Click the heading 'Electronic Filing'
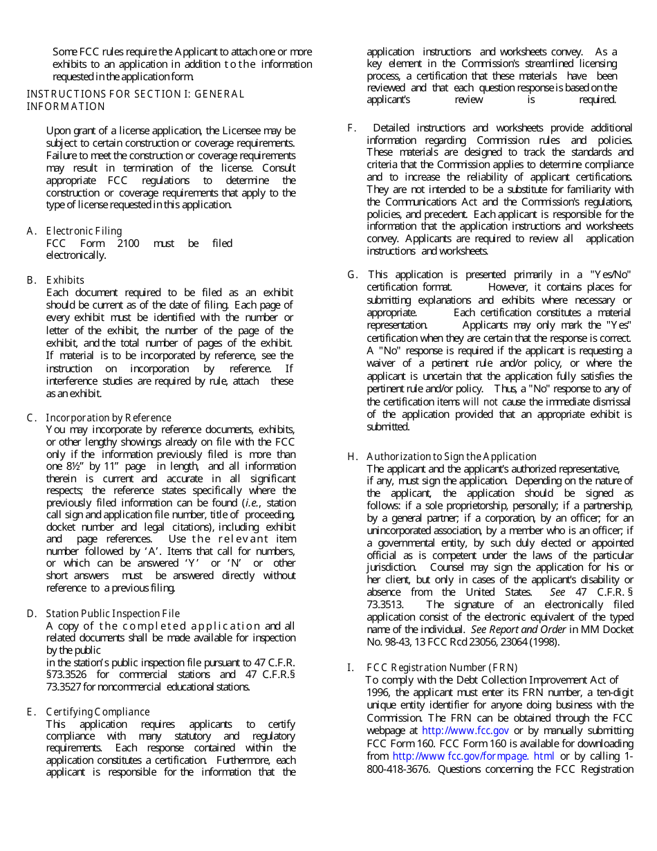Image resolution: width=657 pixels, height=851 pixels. point(84,231)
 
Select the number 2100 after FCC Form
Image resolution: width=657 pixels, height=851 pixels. point(128,243)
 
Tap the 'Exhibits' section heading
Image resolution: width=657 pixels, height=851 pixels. point(65,280)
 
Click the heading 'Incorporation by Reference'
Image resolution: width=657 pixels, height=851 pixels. point(109,418)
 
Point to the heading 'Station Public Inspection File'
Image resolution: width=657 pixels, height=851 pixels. point(113,614)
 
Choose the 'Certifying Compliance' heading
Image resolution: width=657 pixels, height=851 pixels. point(98,712)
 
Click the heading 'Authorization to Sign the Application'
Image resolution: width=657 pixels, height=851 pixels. point(452,457)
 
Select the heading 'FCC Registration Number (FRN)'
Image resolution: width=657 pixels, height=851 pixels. point(442,668)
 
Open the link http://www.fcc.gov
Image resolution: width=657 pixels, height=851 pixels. point(465,731)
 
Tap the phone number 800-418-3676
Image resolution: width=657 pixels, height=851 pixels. point(400,769)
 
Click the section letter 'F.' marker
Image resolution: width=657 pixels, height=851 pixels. point(352,128)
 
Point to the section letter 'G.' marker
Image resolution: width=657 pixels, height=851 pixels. point(353,275)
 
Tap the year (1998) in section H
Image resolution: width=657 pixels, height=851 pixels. point(545,642)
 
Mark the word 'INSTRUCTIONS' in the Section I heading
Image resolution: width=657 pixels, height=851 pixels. point(59,94)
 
